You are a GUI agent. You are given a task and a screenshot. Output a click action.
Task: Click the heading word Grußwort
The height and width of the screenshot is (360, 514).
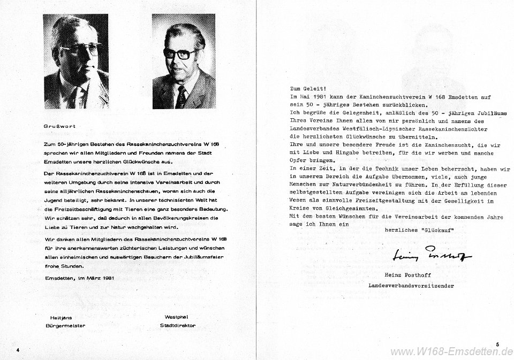[59, 126]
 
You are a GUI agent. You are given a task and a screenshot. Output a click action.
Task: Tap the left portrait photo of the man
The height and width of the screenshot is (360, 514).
[75, 61]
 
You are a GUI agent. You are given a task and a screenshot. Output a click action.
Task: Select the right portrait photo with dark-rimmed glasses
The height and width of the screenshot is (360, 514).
[183, 61]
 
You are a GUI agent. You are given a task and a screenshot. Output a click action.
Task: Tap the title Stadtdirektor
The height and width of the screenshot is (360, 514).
[177, 325]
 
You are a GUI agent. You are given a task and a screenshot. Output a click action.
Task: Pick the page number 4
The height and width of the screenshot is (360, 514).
[18, 349]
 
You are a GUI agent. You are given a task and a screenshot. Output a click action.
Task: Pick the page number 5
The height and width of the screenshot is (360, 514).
[497, 345]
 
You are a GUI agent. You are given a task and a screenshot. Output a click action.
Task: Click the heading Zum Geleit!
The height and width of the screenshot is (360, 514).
[307, 89]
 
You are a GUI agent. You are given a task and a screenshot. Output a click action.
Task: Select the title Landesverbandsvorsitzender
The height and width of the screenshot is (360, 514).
[411, 286]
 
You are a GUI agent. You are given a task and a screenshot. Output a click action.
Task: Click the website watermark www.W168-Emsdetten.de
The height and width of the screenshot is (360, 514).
[452, 352]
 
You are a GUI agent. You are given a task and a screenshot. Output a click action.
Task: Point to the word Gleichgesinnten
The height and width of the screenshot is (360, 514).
[347, 208]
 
